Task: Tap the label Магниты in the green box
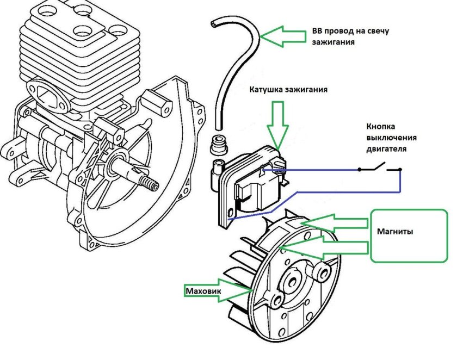pyautogui.click(x=394, y=231)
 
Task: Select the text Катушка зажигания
pyautogui.click(x=288, y=89)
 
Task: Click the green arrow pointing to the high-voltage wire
pyautogui.click(x=283, y=36)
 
